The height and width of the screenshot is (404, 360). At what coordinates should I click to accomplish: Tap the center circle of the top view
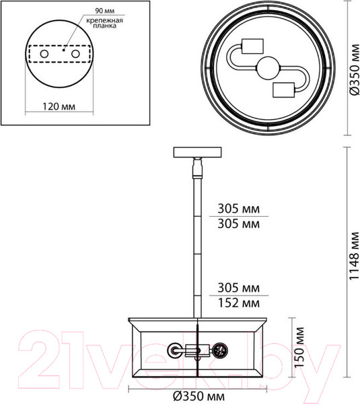(x=267, y=69)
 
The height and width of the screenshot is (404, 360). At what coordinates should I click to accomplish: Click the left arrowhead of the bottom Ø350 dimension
(x=131, y=386)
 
